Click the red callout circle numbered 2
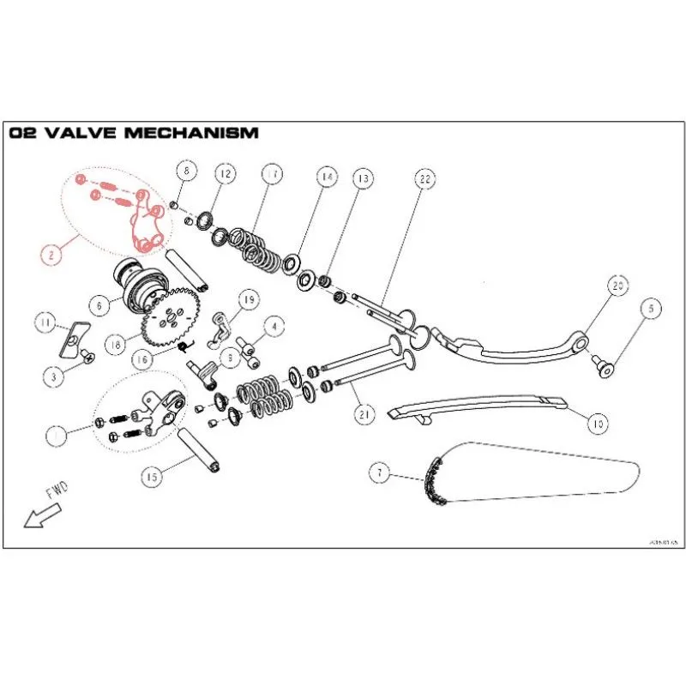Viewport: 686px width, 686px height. point(51,253)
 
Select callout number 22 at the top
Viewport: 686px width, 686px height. point(424,179)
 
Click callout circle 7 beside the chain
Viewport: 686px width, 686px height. point(376,472)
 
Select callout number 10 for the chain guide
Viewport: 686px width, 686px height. point(598,422)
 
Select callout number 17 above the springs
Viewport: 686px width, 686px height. point(271,174)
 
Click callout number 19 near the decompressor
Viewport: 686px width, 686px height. point(249,299)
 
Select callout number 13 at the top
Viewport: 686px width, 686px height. point(363,179)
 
